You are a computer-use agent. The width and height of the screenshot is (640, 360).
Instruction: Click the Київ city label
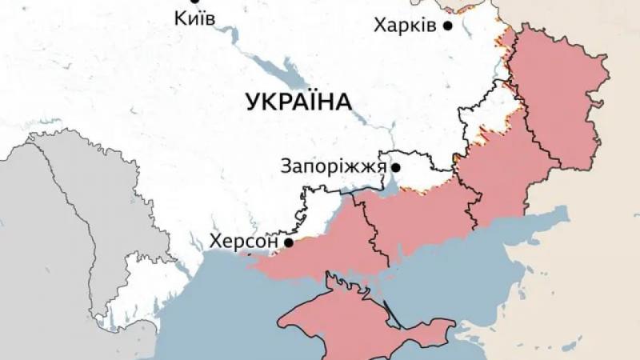pyautogui.click(x=194, y=18)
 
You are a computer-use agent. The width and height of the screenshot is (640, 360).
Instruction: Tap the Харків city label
pyautogui.click(x=405, y=26)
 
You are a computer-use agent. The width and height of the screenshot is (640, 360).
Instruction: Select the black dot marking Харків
pyautogui.click(x=448, y=26)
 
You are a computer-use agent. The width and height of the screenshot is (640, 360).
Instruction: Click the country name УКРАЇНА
pyautogui.click(x=298, y=102)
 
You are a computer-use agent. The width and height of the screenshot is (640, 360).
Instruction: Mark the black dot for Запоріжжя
pyautogui.click(x=395, y=167)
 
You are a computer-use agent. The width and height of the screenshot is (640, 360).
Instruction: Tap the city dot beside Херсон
pyautogui.click(x=287, y=241)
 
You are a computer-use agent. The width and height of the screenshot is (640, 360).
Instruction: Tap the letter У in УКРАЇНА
pyautogui.click(x=254, y=102)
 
